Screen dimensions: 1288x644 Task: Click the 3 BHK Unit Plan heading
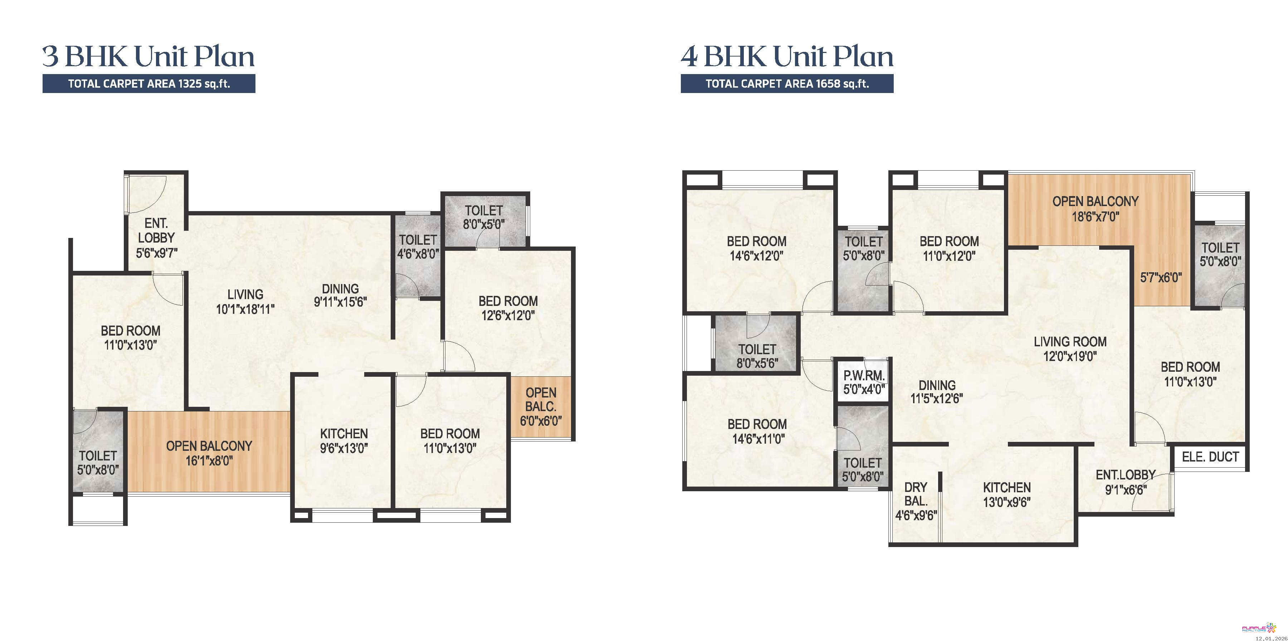pos(148,56)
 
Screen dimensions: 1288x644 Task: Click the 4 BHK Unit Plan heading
pos(787,56)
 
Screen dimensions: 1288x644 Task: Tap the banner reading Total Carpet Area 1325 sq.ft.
pos(149,83)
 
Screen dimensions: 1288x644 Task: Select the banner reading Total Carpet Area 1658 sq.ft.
pos(787,83)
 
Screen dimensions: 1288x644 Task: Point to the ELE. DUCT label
pos(1210,457)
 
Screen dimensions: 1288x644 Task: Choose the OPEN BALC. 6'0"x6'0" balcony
pos(541,406)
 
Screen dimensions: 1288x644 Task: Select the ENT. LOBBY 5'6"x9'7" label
pos(156,238)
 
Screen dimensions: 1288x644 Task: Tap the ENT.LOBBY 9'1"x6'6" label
pos(1126,482)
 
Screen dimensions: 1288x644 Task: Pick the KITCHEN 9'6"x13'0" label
pos(344,440)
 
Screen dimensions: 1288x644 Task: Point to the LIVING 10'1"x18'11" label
pos(245,302)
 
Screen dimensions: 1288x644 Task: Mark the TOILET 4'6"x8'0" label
pos(418,247)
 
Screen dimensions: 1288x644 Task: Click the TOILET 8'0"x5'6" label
pos(757,356)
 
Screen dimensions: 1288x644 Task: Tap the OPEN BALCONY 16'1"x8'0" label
pos(209,453)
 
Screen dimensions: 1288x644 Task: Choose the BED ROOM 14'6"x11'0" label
pos(757,431)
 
